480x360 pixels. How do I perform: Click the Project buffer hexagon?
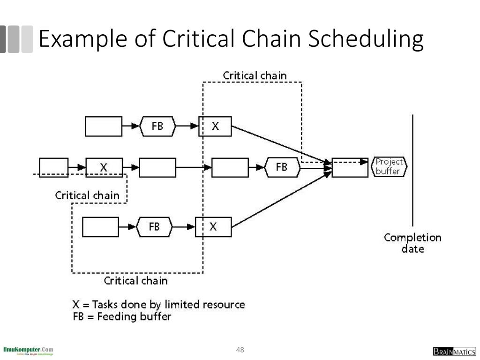click(x=389, y=167)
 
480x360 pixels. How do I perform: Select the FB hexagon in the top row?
click(x=157, y=126)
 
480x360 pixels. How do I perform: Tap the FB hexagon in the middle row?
click(x=282, y=167)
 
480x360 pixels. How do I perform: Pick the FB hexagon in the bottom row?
click(x=154, y=227)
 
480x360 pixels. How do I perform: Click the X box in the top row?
click(x=215, y=126)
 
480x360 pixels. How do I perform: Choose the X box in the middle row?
click(x=104, y=167)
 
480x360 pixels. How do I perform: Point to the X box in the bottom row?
click(x=213, y=227)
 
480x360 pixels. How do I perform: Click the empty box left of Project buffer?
click(x=350, y=167)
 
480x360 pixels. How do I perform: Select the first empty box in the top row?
click(x=104, y=126)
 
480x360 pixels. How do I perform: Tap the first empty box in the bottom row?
click(x=100, y=227)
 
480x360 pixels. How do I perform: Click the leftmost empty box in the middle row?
click(x=53, y=167)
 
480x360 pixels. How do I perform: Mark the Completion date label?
click(x=412, y=243)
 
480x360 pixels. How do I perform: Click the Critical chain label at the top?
click(x=255, y=75)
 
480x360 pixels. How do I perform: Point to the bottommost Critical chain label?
click(x=135, y=281)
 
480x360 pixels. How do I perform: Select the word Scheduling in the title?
click(x=366, y=39)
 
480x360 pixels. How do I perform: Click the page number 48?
click(x=240, y=350)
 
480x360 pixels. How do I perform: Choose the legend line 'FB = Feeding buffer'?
click(x=122, y=316)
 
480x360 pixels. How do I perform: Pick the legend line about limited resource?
click(x=158, y=304)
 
